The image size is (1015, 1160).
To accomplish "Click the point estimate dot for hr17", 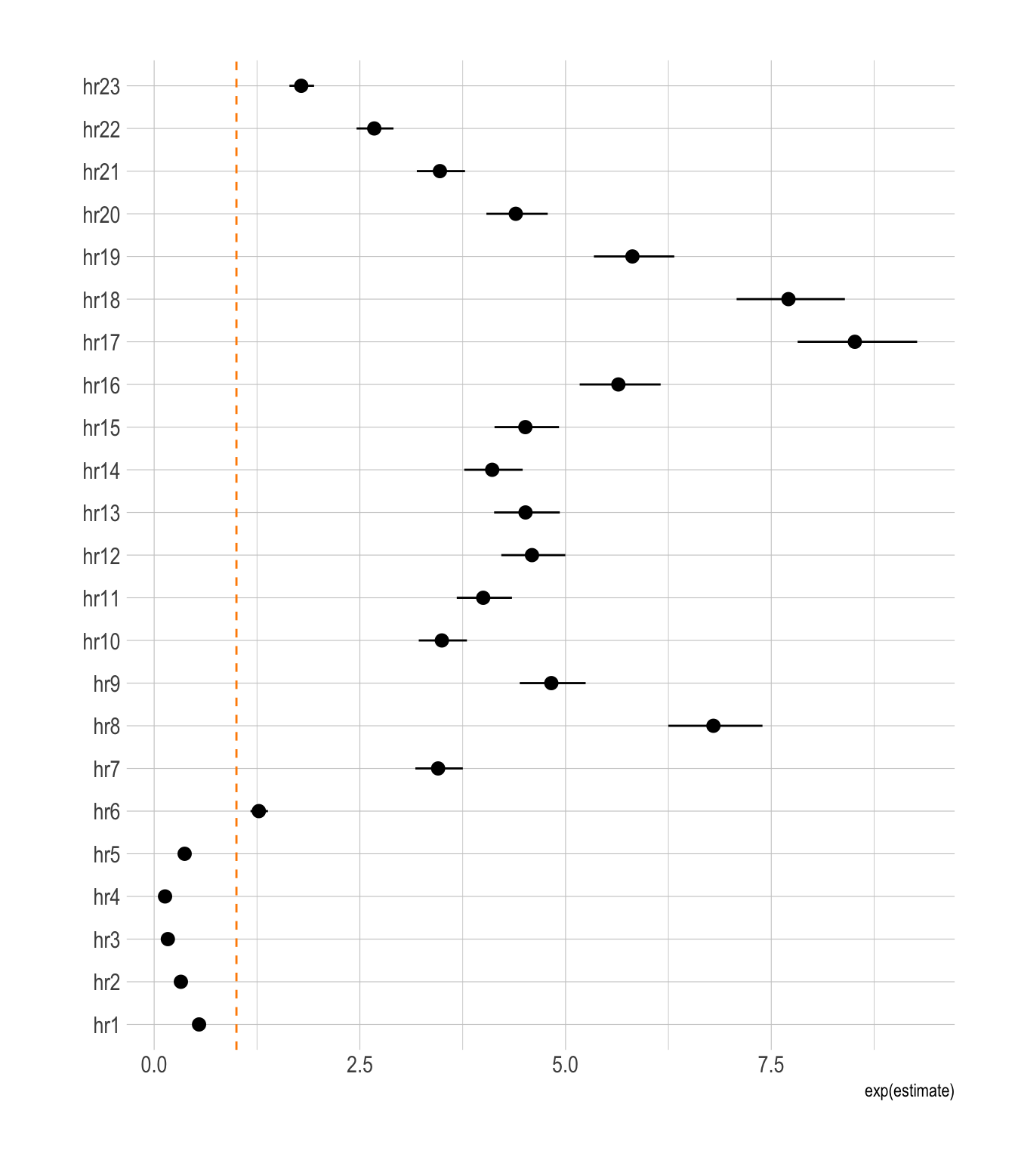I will (x=854, y=342).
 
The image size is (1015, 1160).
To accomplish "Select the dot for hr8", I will (x=713, y=726).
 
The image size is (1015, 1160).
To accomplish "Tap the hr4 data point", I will (x=165, y=896).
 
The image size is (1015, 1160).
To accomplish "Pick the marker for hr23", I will (x=301, y=86).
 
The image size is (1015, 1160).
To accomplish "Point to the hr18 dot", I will (x=788, y=299).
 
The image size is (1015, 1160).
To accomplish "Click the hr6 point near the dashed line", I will (x=259, y=811).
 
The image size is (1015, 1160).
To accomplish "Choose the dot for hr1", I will (x=199, y=1025).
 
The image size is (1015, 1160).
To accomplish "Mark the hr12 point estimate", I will (x=532, y=555).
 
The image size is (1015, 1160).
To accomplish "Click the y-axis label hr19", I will (x=101, y=258).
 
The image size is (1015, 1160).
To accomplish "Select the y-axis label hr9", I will (x=106, y=684).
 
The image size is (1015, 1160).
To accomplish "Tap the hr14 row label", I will (x=101, y=471).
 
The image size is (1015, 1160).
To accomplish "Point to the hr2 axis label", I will (x=106, y=983).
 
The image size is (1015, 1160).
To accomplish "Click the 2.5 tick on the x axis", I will (x=359, y=1066).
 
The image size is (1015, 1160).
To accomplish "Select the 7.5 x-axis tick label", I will (x=771, y=1066).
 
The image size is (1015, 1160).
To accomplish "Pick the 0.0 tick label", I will (x=154, y=1066).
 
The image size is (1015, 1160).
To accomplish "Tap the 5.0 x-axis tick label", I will (x=565, y=1066).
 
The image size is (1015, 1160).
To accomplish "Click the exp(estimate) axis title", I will (x=909, y=1091).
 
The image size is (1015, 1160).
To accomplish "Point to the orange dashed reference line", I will (x=236, y=529).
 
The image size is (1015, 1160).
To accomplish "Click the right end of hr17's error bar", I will (x=916, y=342).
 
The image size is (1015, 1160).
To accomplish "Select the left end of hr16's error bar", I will (x=581, y=384).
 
